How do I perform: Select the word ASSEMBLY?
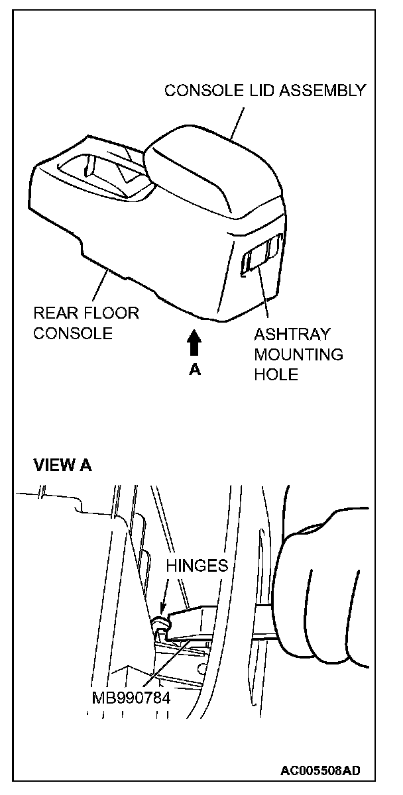tap(324, 91)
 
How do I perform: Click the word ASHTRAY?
tap(292, 335)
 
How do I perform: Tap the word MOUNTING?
tap(298, 354)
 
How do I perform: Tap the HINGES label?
tap(197, 566)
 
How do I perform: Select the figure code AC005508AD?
tap(320, 771)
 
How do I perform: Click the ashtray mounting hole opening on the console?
tap(260, 255)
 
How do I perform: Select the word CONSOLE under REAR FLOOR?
tap(72, 333)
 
